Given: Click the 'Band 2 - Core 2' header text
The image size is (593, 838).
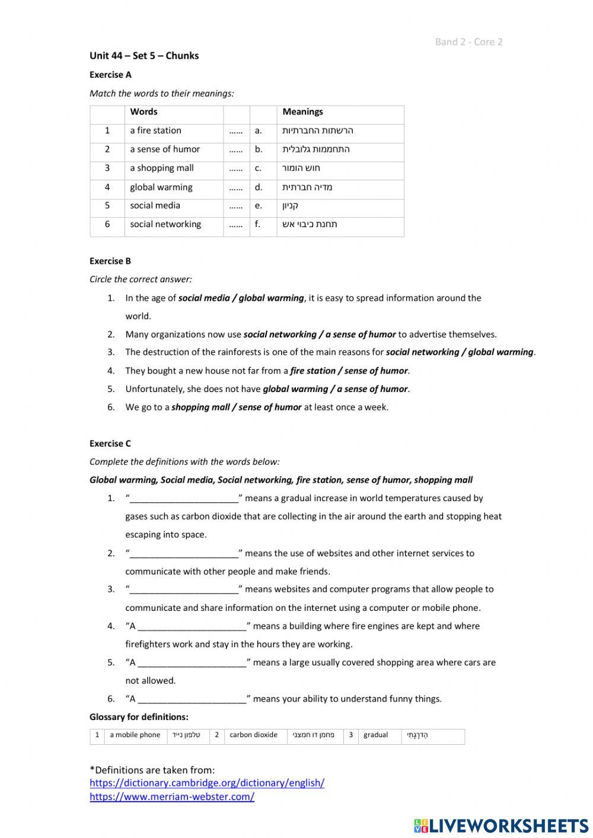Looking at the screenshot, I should [468, 42].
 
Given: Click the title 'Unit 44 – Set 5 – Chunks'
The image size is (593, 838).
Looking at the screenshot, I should [144, 56].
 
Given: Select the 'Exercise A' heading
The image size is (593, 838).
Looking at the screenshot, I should [110, 75].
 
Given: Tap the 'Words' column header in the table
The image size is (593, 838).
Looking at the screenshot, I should [144, 111].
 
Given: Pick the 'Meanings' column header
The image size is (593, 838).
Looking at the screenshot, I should [302, 111].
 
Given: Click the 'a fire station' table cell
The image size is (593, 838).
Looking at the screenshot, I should [155, 130].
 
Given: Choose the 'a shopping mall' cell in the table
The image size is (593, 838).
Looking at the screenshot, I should [161, 168].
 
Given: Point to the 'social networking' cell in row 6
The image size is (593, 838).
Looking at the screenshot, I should [165, 224].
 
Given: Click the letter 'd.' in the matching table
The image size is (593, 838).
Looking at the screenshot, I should [259, 187].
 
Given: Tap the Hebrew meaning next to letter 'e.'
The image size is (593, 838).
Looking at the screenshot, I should [291, 206].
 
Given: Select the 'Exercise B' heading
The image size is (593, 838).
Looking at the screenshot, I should [110, 261].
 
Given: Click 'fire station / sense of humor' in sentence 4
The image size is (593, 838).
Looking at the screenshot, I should [349, 371].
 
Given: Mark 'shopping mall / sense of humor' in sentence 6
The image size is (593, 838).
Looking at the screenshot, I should [236, 407].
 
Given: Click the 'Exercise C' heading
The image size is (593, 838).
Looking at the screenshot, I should [110, 444].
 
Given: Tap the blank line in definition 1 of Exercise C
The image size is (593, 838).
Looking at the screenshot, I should [184, 498].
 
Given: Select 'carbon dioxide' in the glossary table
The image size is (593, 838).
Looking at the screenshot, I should [253, 735].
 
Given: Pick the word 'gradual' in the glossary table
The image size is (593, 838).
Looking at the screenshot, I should [375, 735].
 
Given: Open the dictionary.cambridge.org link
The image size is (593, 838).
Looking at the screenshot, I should [207, 783].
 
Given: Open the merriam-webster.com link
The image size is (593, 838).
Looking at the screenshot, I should [172, 796].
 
